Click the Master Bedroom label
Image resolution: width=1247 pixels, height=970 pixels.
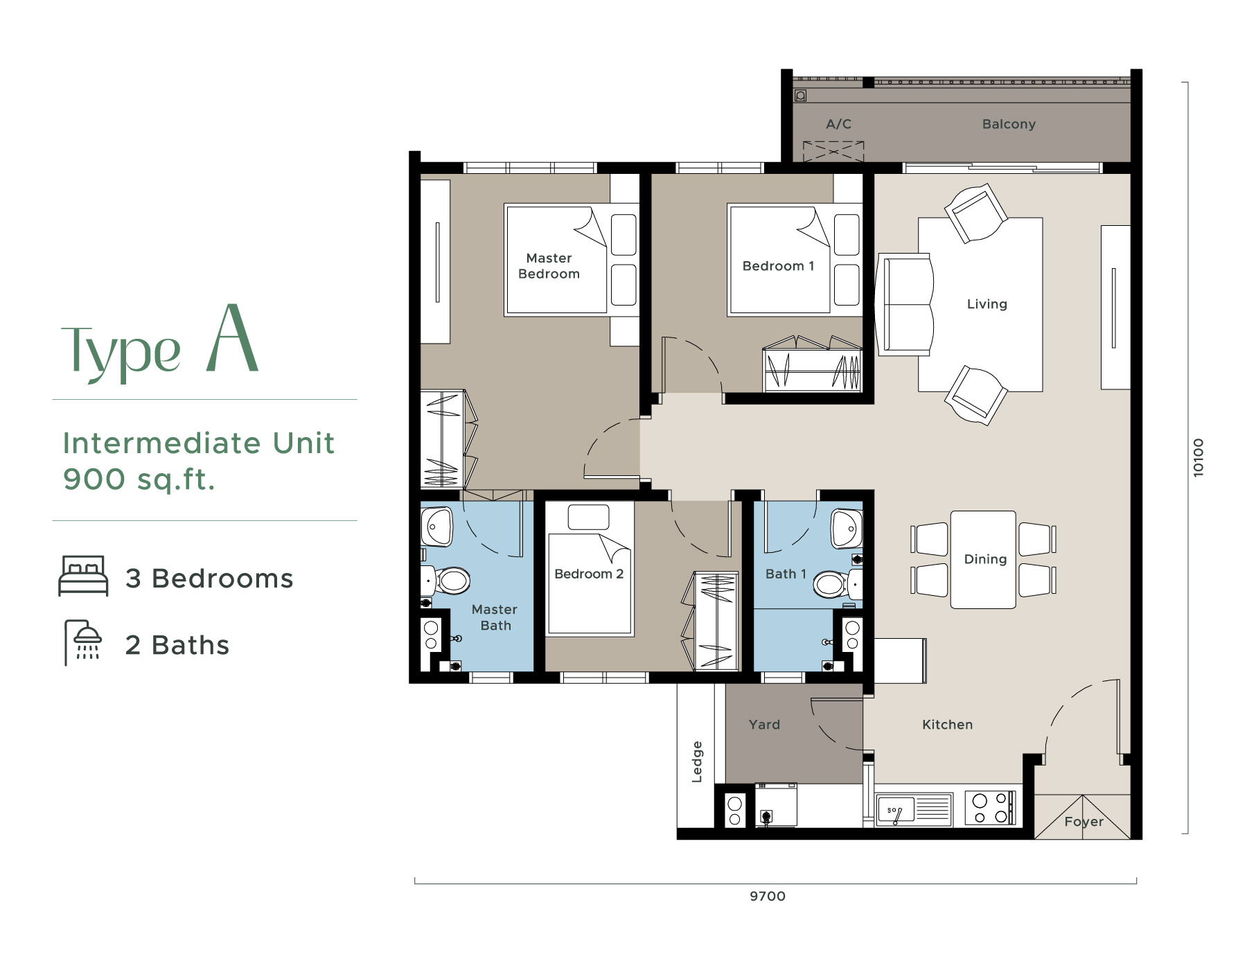pyautogui.click(x=549, y=266)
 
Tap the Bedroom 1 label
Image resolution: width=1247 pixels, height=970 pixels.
pyautogui.click(x=778, y=266)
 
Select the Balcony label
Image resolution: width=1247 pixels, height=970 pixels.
pyautogui.click(x=1009, y=124)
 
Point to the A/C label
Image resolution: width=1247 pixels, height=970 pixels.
pyautogui.click(x=838, y=124)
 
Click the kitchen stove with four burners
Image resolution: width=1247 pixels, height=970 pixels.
pyautogui.click(x=990, y=808)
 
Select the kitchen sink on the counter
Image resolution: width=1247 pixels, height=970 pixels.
pyautogui.click(x=914, y=809)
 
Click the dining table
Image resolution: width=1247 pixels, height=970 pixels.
pyautogui.click(x=983, y=560)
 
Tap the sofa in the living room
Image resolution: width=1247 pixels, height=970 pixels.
pyautogui.click(x=905, y=304)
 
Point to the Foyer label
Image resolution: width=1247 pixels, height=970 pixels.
pyautogui.click(x=1084, y=822)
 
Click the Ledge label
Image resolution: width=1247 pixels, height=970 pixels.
pyautogui.click(x=697, y=762)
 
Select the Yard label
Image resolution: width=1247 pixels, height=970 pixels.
pyautogui.click(x=764, y=725)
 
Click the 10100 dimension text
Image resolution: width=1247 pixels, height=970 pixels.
pyautogui.click(x=1199, y=457)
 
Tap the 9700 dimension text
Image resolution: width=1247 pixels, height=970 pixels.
pyautogui.click(x=768, y=896)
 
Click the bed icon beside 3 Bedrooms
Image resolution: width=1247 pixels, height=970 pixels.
pyautogui.click(x=83, y=576)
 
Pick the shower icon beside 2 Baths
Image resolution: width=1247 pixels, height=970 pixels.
pyautogui.click(x=83, y=643)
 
